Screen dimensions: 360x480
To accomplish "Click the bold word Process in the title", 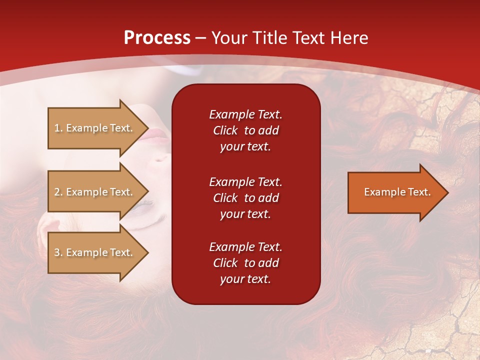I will tap(157, 38).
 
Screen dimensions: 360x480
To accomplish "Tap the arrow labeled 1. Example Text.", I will tap(95, 128).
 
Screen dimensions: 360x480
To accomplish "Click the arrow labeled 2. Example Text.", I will tap(95, 192).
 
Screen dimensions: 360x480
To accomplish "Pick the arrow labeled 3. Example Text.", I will tap(95, 252).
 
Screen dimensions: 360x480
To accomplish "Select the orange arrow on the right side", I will tap(395, 192).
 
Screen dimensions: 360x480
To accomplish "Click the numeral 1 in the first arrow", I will tap(57, 128).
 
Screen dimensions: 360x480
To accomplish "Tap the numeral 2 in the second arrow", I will tap(57, 192).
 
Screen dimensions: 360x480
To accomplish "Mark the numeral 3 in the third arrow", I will tap(57, 252).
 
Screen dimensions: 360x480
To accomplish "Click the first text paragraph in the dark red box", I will tap(245, 130).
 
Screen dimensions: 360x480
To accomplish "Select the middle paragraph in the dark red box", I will tap(245, 198).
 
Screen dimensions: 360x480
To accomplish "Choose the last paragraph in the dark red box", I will tap(245, 263).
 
